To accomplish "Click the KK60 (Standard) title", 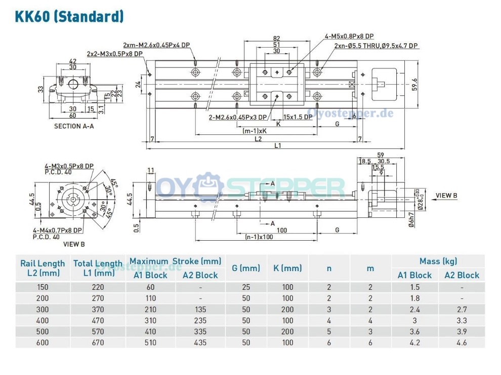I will pos(69,16).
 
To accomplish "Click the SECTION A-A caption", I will pos(74,126).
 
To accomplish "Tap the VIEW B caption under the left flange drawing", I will pos(74,244).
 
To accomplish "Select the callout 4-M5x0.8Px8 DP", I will pos(349,36).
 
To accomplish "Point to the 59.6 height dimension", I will pos(415,84).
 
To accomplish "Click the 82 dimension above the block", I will pos(276,39).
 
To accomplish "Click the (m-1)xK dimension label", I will pos(255,131).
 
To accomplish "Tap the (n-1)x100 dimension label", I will pos(259,237).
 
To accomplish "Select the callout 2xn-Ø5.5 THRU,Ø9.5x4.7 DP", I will pos(376,46).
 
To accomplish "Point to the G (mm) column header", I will pos(245,268).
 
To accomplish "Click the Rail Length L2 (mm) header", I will pos(43,268).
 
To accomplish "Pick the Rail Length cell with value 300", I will pos(43,309).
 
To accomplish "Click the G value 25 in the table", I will pos(245,287).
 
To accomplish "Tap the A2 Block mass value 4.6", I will pos(461,343).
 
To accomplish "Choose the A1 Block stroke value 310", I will pos(149,320).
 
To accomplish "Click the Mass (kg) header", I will pos(438,261).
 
